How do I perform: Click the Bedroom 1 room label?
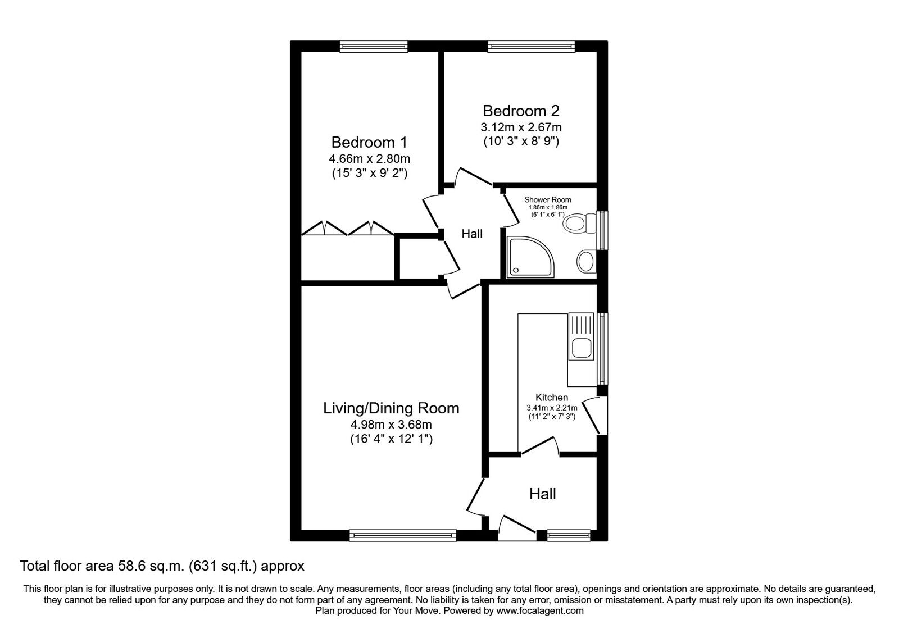pos(369,142)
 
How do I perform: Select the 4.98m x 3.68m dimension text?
pos(391,424)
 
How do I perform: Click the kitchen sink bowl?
pos(580,348)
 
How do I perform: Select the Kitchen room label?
pos(551,397)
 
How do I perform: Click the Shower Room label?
pos(547,199)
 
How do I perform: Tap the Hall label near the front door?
pos(542,494)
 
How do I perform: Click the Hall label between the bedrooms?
pos(471,234)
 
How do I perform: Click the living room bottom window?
pos(402,535)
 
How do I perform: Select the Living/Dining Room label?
pos(391,408)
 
